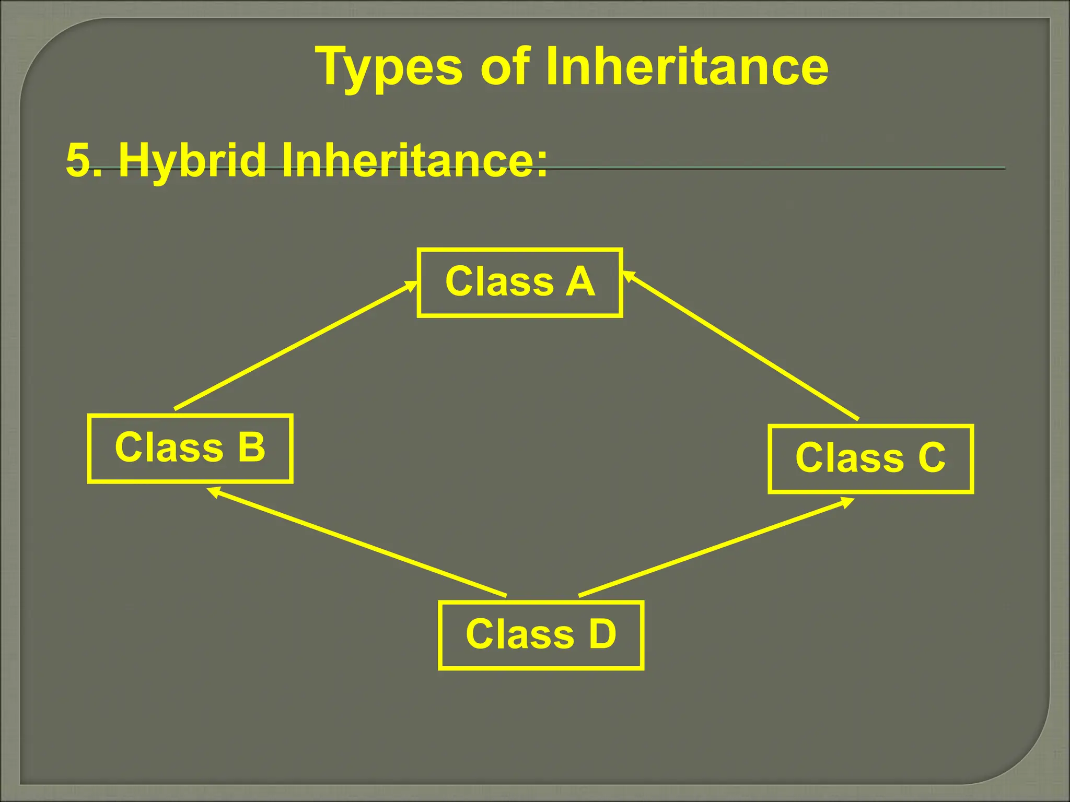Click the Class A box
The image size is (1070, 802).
click(x=519, y=282)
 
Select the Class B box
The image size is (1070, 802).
click(x=190, y=448)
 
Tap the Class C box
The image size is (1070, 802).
click(x=870, y=458)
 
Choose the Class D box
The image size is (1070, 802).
click(x=541, y=634)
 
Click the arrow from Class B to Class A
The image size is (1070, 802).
click(x=295, y=346)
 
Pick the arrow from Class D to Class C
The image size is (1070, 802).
click(x=716, y=547)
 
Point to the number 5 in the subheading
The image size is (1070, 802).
click(x=78, y=161)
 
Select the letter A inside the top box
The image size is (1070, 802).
click(x=580, y=282)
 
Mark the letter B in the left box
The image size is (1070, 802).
click(x=252, y=447)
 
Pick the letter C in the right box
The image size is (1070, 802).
click(x=932, y=458)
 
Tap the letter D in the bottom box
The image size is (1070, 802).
click(x=602, y=634)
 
